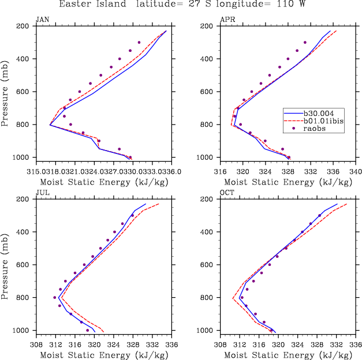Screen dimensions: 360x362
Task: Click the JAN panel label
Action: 42,20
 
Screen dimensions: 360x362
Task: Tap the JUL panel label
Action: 42,193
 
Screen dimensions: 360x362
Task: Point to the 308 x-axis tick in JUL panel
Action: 36,344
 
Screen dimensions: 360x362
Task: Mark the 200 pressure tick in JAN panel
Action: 24,26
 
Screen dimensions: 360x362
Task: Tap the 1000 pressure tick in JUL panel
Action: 21,331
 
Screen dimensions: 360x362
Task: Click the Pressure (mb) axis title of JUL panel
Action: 5,265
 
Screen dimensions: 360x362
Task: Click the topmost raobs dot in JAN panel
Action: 139,42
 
